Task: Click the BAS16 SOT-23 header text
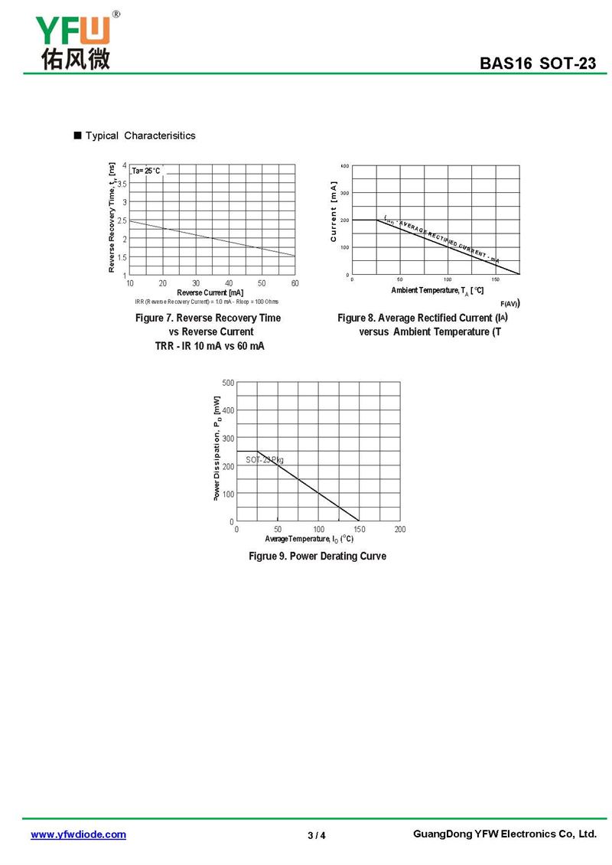(538, 64)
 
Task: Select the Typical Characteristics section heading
(140, 135)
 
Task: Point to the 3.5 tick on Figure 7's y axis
(122, 184)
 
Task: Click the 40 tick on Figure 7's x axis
(229, 283)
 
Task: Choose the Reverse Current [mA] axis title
(210, 292)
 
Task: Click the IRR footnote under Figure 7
(207, 302)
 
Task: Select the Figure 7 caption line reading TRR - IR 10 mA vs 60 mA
(210, 347)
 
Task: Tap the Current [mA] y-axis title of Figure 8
(334, 212)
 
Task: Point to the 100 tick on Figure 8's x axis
(448, 279)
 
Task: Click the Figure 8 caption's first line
(422, 318)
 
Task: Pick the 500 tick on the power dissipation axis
(229, 382)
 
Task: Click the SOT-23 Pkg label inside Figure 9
(265, 459)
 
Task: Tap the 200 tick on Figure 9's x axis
(400, 529)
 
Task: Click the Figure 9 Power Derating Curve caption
(317, 556)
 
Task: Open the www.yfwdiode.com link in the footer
(78, 834)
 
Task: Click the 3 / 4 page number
(317, 835)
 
